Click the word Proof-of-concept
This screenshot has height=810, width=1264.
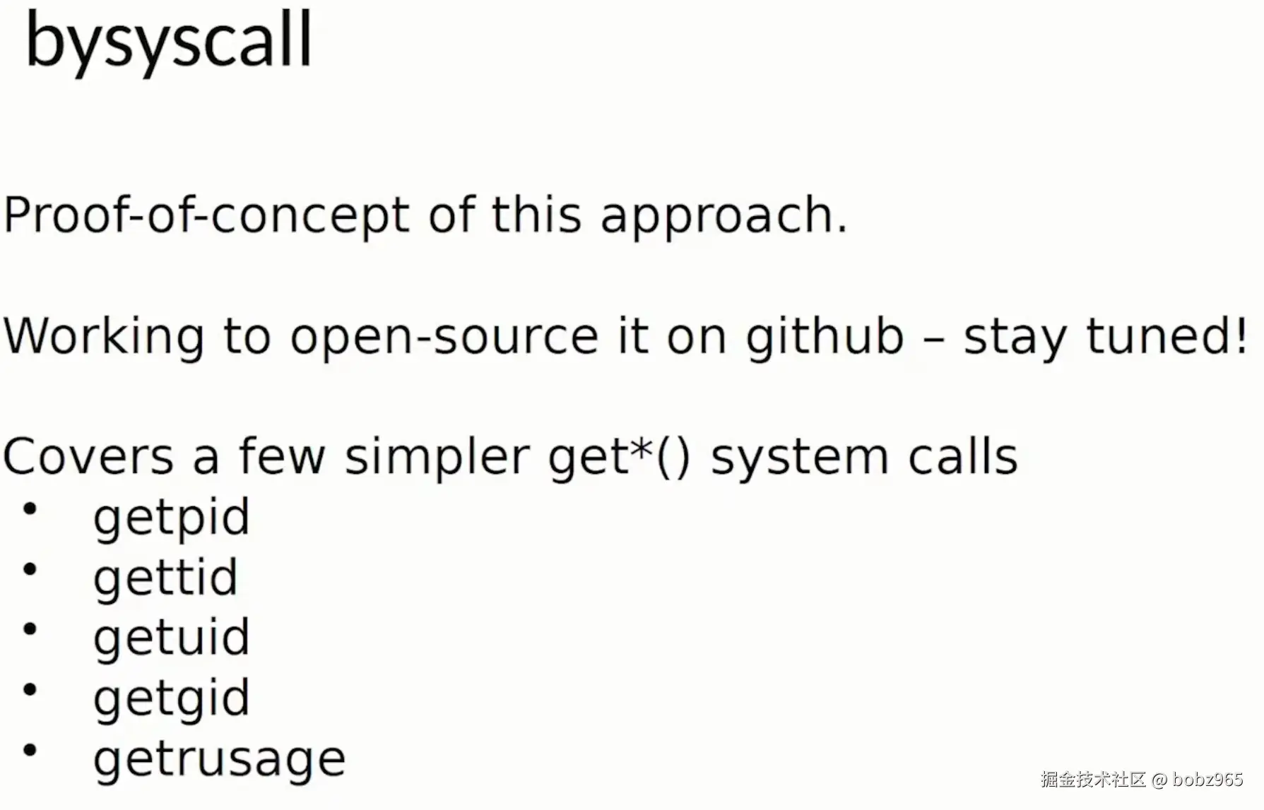(x=206, y=215)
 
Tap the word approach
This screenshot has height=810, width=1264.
(x=723, y=216)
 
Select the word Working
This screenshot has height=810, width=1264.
(x=104, y=336)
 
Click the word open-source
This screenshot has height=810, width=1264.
(x=445, y=337)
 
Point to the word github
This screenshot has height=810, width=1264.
(x=825, y=336)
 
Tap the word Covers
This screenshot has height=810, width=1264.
(x=88, y=456)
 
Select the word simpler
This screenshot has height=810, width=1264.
(x=437, y=458)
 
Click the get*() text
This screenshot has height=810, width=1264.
(x=619, y=458)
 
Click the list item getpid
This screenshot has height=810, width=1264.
(x=172, y=518)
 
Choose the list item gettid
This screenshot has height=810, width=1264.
(x=165, y=578)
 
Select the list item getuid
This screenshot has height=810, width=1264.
(x=172, y=638)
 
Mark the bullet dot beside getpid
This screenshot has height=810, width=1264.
(x=30, y=508)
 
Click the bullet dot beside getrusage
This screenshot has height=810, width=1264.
(x=30, y=750)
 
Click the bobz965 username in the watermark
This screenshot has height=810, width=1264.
(x=1207, y=780)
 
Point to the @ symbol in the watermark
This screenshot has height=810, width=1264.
(x=1159, y=780)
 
